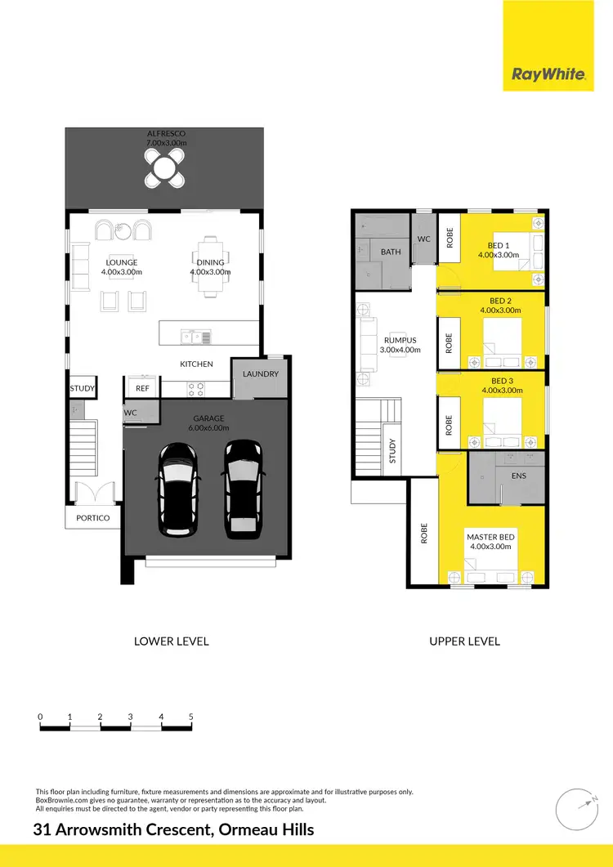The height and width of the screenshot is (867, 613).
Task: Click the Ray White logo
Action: coord(548,75)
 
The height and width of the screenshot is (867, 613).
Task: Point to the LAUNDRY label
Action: coord(260,374)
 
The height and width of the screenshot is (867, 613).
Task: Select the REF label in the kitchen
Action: coord(142,389)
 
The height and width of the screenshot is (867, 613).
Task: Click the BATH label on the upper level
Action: coord(391,252)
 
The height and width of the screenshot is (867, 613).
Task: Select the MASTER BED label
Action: coord(490,537)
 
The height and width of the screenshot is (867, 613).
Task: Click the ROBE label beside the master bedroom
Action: coord(423,534)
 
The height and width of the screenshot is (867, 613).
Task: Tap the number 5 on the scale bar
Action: coord(190,716)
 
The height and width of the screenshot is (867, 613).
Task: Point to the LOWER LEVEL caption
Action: coord(171,641)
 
